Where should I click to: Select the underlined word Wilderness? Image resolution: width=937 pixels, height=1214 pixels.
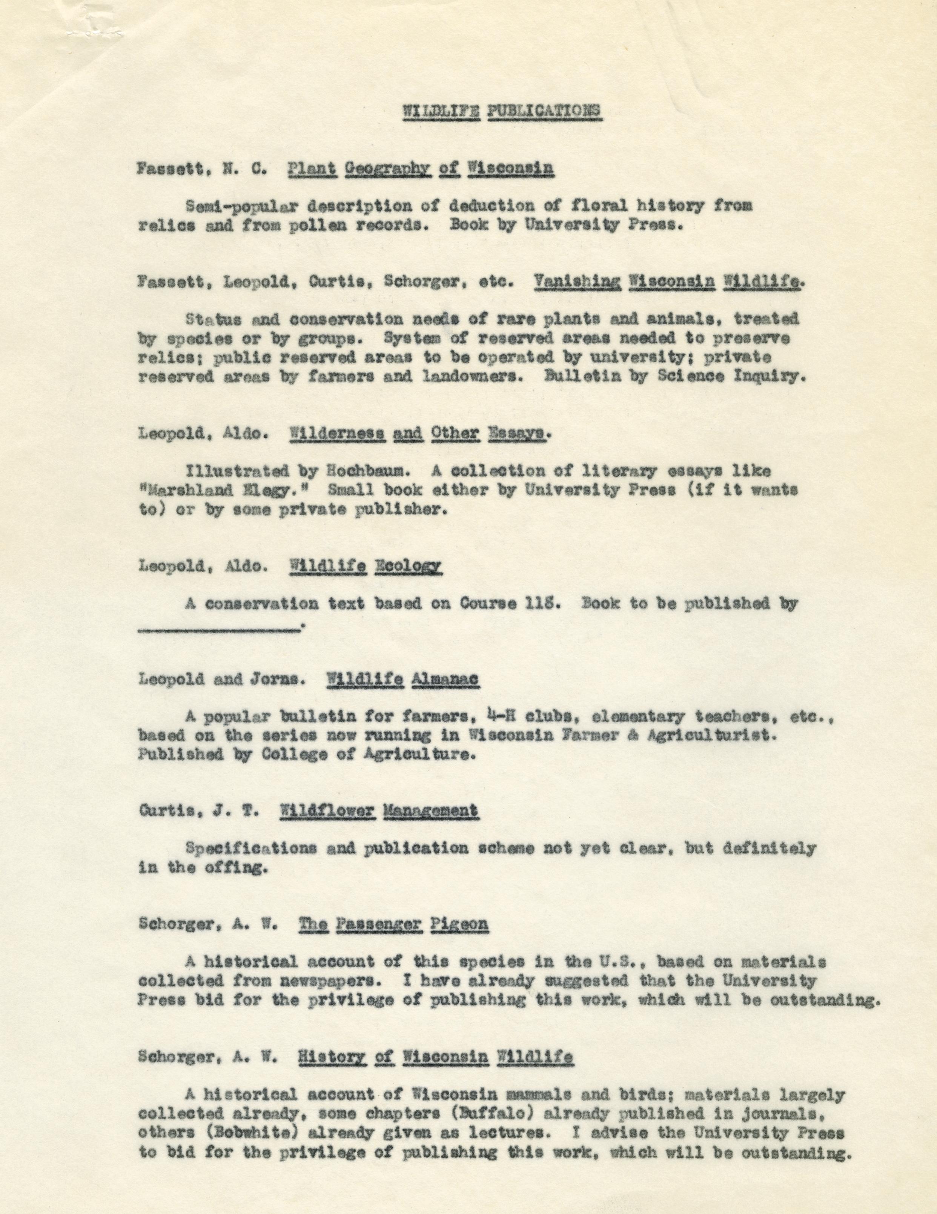338,434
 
